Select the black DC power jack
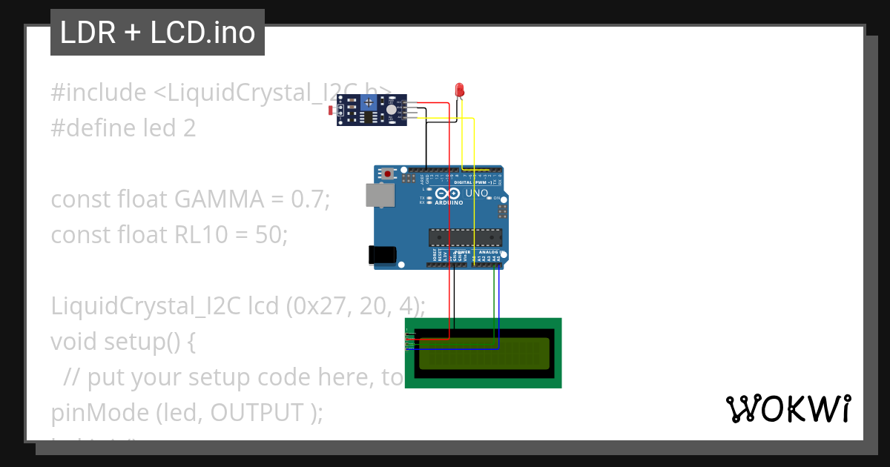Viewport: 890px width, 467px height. pyautogui.click(x=383, y=254)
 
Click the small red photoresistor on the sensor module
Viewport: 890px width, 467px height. pyautogui.click(x=331, y=111)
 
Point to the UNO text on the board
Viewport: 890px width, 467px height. pyautogui.click(x=477, y=193)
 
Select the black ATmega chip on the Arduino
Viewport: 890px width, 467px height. pyautogui.click(x=466, y=237)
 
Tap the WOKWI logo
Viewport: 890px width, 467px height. pyautogui.click(x=788, y=408)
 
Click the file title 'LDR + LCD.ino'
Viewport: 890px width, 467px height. pyautogui.click(x=157, y=33)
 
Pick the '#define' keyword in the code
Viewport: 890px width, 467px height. pyautogui.click(x=94, y=128)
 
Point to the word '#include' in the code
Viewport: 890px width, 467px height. pyautogui.click(x=99, y=93)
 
